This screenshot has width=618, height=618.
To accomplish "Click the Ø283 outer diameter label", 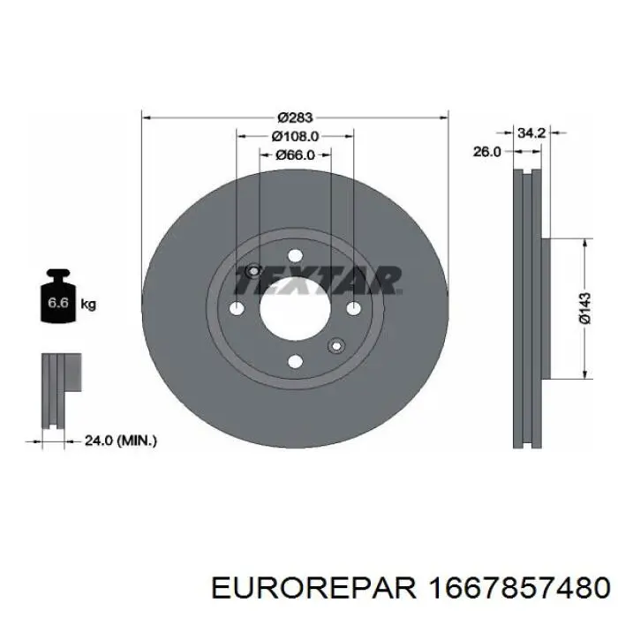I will (x=296, y=117).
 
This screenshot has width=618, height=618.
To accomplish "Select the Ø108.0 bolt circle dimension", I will (x=295, y=136).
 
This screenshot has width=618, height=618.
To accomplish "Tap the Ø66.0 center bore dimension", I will (x=295, y=155).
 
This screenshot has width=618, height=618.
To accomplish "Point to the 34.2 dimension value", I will (x=530, y=132).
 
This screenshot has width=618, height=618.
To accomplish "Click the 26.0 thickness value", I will (x=486, y=151).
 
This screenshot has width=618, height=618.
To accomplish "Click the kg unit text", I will (x=88, y=305).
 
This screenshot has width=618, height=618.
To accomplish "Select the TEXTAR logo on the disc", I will (x=319, y=281).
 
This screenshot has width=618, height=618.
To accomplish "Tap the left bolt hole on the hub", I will (x=237, y=309).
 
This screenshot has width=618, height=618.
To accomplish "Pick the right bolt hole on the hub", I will (x=353, y=309).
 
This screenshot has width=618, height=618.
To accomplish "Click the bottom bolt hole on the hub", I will (x=295, y=360).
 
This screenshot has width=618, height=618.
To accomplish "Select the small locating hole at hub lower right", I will (x=335, y=345).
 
